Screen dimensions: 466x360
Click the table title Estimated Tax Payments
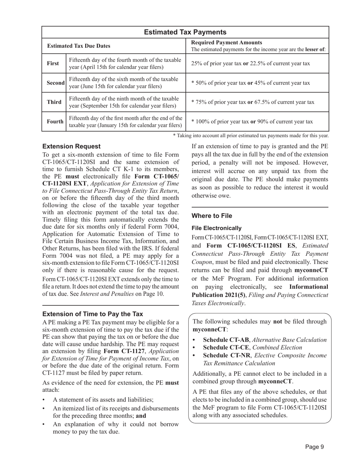[185, 32]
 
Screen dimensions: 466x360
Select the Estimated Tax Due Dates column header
[79, 46]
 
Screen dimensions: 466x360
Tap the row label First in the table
[53, 63]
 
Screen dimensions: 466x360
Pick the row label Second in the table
[55, 83]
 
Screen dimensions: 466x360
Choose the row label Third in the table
[54, 102]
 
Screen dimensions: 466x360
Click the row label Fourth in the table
[55, 122]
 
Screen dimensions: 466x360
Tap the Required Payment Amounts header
[226, 42]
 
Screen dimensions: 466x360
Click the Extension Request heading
[72, 146]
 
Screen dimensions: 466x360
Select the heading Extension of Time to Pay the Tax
[92, 314]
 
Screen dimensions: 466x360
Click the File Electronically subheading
[216, 228]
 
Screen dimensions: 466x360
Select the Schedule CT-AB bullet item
[265, 340]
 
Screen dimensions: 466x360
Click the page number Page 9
[315, 447]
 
